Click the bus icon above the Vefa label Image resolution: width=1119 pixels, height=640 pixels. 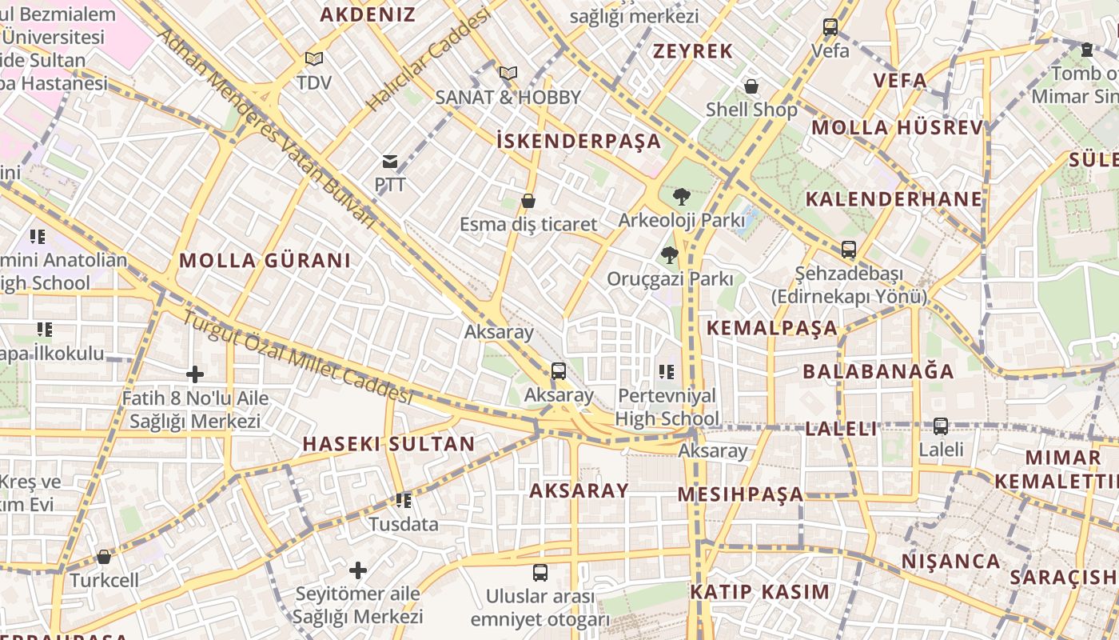click(830, 27)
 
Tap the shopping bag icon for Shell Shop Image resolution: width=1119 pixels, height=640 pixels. click(751, 86)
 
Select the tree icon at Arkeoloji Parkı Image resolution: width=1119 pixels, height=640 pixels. click(681, 196)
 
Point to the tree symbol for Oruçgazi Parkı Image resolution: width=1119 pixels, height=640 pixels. click(669, 255)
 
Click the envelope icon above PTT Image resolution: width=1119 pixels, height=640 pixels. click(389, 162)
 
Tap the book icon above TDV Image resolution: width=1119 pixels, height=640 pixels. click(313, 59)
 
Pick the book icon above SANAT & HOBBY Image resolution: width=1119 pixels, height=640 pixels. click(508, 74)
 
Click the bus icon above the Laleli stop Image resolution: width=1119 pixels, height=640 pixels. click(941, 426)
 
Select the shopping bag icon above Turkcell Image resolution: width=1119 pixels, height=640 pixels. click(103, 557)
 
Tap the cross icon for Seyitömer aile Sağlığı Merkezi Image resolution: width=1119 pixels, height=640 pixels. click(357, 570)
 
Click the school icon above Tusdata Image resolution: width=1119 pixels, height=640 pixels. click(404, 501)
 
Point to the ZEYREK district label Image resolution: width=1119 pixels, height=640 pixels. click(692, 51)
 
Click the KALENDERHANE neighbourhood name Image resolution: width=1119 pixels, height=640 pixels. click(894, 199)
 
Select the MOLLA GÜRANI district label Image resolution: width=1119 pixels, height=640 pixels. click(265, 260)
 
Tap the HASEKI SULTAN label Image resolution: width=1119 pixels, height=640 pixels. click(388, 444)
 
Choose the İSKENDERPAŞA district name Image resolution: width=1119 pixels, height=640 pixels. click(579, 142)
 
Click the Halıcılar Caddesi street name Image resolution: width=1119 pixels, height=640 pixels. click(428, 62)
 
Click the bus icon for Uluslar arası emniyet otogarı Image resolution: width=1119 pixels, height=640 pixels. click(540, 573)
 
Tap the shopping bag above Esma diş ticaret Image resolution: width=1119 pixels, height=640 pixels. click(528, 201)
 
